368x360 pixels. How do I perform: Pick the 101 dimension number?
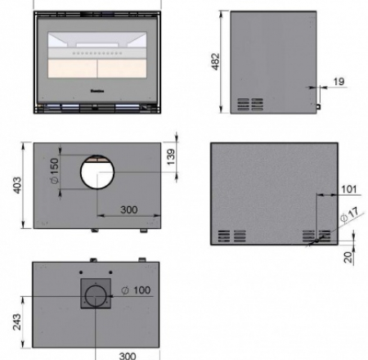(349, 190)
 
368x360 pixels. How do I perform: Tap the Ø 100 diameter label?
(137, 290)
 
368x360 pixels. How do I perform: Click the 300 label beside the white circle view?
(128, 209)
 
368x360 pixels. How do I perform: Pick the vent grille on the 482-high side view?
(250, 104)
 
